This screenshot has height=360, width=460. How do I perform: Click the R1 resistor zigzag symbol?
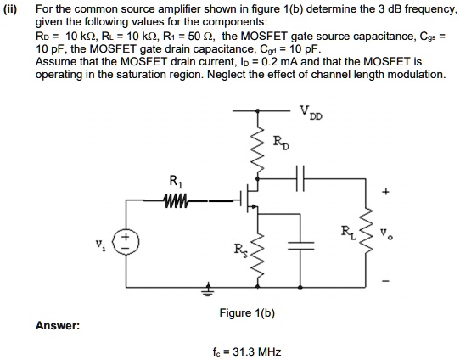coord(176,200)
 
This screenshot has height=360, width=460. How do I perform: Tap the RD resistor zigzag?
coord(257,150)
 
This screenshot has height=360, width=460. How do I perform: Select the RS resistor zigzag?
coord(257,255)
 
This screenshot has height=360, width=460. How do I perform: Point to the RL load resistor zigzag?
coord(366,232)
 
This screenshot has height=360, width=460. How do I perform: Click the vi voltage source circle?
coord(126,242)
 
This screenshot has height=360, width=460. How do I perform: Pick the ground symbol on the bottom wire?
coord(208,290)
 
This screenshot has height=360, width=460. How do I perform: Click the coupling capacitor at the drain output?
coord(300,178)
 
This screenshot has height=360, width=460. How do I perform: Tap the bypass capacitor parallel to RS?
coord(300,245)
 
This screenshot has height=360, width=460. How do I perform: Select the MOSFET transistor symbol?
coord(249,198)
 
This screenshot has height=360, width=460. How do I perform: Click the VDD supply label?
coord(311,112)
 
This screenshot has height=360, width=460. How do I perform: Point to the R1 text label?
coord(176,182)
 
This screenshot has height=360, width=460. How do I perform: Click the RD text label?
coord(280,143)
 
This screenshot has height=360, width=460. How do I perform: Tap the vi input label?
coord(100,245)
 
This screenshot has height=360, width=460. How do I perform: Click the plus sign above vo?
coord(385,192)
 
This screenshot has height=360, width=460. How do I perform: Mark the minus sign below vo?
coord(386,281)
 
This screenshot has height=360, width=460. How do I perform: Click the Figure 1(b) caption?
coord(247,313)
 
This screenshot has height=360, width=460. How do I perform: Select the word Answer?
coord(58,326)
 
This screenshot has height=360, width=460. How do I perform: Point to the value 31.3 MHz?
coord(256,352)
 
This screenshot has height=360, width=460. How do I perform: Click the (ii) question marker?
coord(10,10)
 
